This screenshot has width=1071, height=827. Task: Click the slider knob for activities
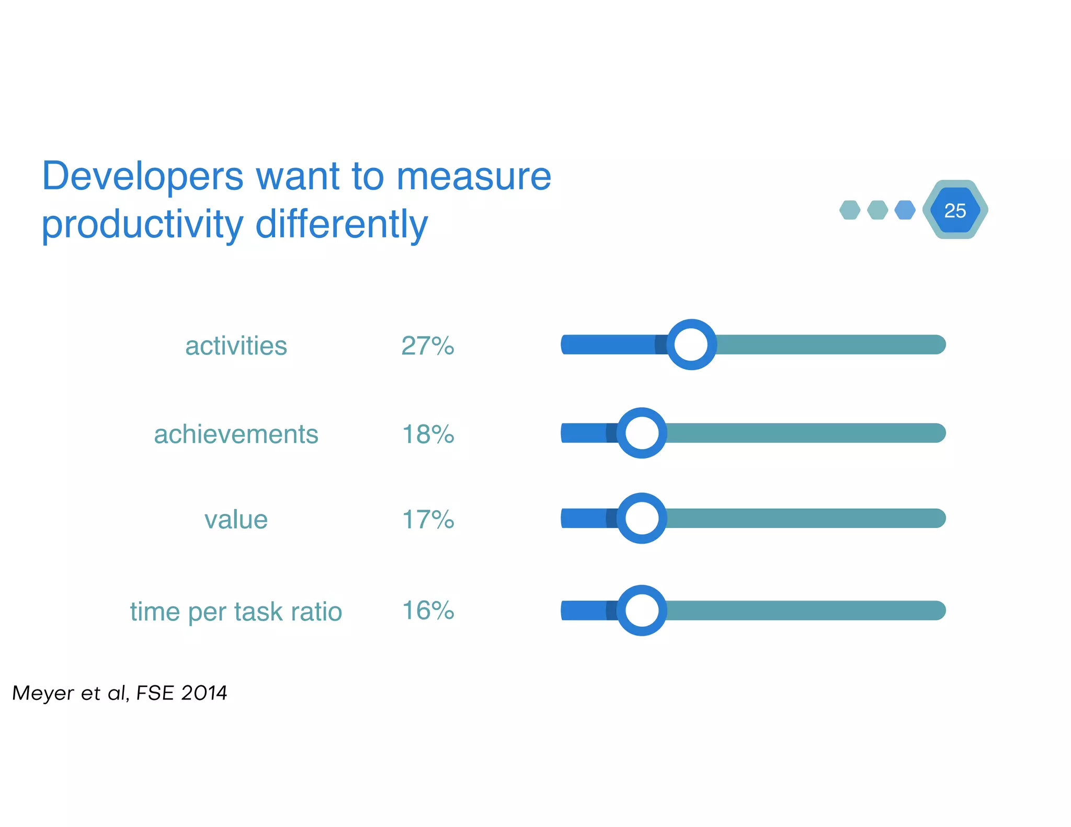(x=691, y=344)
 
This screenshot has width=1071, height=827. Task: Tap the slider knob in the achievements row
(x=642, y=433)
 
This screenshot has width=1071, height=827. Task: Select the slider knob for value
(x=642, y=518)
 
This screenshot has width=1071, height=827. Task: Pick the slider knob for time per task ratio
(x=642, y=610)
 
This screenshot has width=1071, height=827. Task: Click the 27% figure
(x=428, y=346)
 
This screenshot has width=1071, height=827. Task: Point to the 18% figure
(x=428, y=434)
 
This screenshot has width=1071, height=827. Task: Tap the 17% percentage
(x=428, y=519)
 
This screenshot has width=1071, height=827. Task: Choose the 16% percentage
(x=428, y=610)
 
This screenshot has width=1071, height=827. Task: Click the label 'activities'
(x=236, y=346)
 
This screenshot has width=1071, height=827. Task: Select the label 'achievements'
(x=236, y=434)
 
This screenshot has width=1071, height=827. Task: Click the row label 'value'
(x=236, y=520)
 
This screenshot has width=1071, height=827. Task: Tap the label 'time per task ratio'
(x=236, y=611)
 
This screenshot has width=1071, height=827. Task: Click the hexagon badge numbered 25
(x=955, y=210)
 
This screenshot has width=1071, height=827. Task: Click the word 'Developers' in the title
(x=142, y=177)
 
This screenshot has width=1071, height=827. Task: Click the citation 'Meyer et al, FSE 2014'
(x=119, y=693)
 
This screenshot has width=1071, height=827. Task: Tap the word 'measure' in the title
(x=474, y=177)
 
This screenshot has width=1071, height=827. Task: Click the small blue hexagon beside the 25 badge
(x=905, y=210)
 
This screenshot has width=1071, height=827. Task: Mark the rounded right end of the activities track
(x=939, y=344)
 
